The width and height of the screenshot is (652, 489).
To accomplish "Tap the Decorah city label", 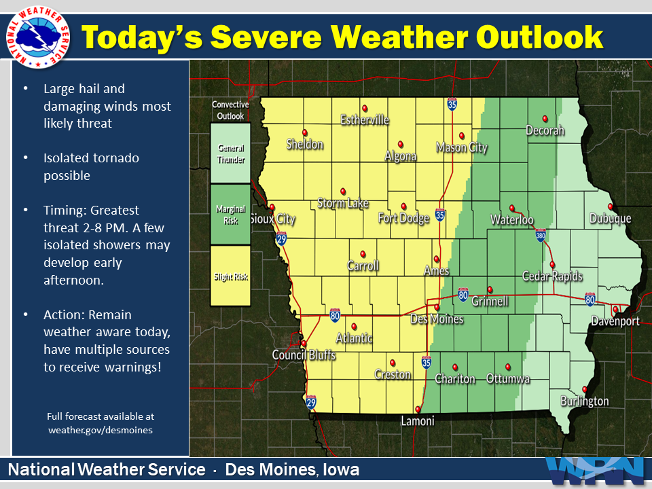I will point(545,130).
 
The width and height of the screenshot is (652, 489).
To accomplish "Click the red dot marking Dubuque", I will point(611,206).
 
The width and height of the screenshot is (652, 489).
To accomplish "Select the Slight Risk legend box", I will point(230,276).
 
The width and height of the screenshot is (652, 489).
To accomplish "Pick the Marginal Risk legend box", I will point(230,215).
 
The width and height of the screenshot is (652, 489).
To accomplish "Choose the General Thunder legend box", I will point(230,153).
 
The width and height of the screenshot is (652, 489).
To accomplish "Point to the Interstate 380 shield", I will point(541,236).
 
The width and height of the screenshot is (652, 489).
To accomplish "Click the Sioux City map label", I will point(272,219).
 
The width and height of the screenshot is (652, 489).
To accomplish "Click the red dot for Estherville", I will point(365,108).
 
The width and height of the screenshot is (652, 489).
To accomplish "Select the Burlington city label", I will point(585,401).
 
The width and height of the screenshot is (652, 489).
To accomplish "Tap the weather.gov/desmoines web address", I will point(101,429).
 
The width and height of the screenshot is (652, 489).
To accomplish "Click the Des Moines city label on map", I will point(437,319).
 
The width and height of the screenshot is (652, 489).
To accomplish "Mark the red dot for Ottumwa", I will point(508,367).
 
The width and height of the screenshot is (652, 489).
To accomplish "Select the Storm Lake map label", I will point(343,203).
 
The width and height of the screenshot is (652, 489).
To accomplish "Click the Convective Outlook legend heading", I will point(230,110).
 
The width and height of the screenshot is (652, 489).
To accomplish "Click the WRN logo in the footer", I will point(595,470).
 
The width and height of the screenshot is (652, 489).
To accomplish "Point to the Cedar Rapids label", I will point(552,276).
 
